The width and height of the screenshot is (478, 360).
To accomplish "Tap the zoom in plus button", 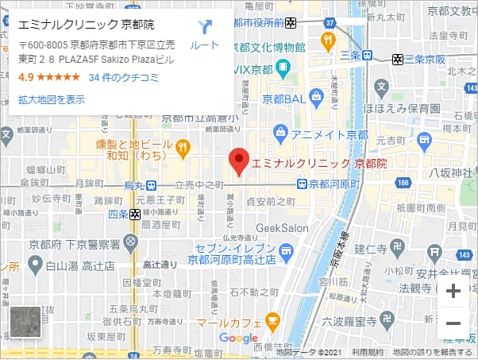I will [453, 291].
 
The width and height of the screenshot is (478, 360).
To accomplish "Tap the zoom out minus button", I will [453, 323].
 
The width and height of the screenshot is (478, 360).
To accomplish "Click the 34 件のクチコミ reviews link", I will [124, 77].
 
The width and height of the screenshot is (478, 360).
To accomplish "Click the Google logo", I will [238, 339].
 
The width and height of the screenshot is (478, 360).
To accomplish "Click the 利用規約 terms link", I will [368, 352].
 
